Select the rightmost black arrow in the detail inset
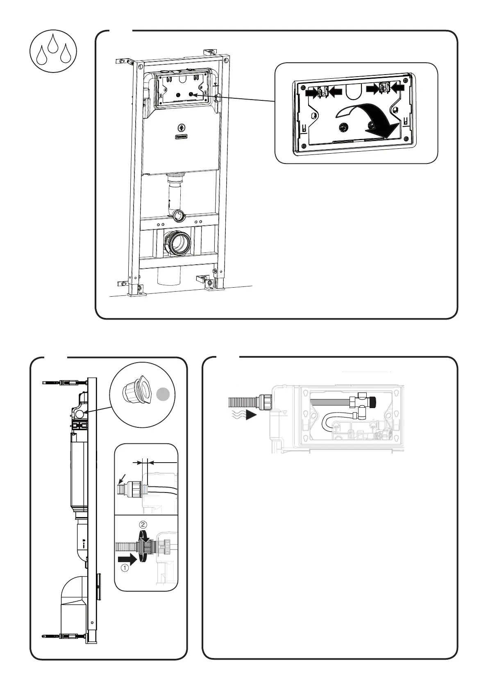pos(397,87)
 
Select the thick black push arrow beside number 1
pos(126,558)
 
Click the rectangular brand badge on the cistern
pos(181,136)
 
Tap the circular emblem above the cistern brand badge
pos(181,127)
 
